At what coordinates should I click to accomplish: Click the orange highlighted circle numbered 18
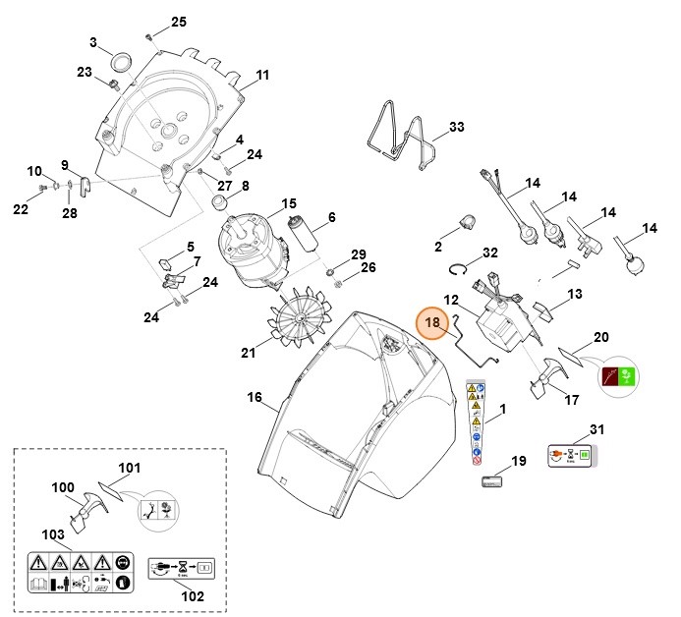click(x=431, y=323)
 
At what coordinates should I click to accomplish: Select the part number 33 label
click(x=455, y=128)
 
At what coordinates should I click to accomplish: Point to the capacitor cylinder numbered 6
click(x=301, y=237)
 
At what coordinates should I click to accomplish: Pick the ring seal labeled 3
click(x=124, y=59)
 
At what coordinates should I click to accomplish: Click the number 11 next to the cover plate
click(x=262, y=76)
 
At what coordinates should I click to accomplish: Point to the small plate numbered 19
click(x=491, y=481)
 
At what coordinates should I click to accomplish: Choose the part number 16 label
click(x=254, y=398)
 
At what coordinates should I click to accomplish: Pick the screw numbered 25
click(x=149, y=36)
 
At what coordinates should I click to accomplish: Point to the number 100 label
click(x=63, y=486)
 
